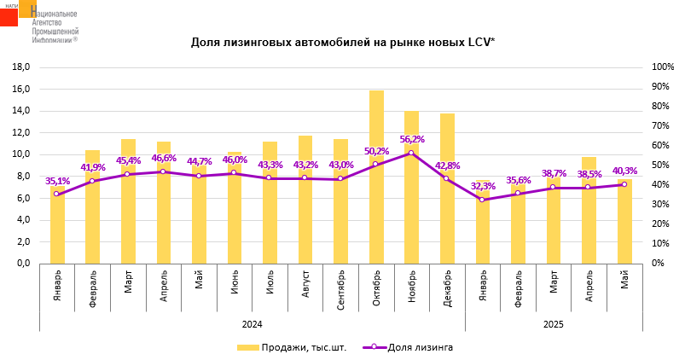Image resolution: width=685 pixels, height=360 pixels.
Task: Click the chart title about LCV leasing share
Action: click(342, 42)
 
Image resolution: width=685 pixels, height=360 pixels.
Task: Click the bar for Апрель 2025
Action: click(589, 226)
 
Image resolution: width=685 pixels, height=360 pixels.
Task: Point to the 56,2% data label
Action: click(412, 140)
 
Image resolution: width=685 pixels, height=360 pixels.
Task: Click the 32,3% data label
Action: click(483, 186)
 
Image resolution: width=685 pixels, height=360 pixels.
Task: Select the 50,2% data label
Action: click(376, 152)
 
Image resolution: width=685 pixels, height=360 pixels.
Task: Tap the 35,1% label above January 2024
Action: click(57, 181)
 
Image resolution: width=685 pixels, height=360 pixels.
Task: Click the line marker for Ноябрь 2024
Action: click(411, 153)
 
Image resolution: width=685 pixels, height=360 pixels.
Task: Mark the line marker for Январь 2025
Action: click(483, 200)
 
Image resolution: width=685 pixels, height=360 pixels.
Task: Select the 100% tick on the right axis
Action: click(663, 67)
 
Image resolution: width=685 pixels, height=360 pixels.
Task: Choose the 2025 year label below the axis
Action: click(553, 324)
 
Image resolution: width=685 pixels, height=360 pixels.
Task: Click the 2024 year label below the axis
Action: click(252, 324)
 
